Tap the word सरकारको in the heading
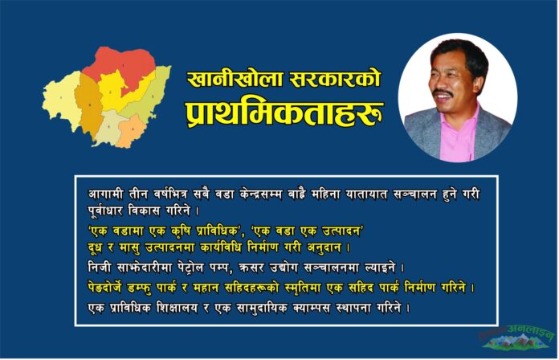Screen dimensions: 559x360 click(335, 79)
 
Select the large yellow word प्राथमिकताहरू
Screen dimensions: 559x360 click(284, 113)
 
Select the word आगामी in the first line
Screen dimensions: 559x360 click(105, 194)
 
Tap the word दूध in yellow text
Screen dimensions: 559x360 click(96, 248)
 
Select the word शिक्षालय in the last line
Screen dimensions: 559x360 click(177, 308)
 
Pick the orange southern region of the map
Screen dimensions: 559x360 click(132, 130)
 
